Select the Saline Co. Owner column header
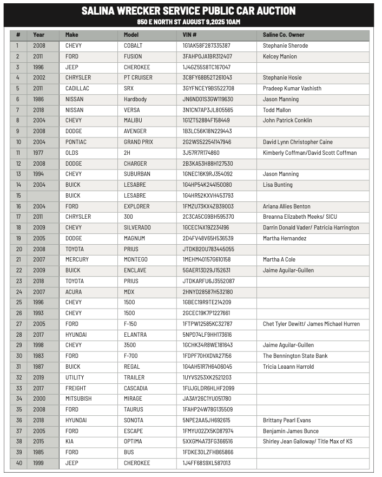284,35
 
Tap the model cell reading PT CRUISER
138,78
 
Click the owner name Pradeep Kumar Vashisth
292,88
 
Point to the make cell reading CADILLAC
77,88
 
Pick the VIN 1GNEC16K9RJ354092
208,174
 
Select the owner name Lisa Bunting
278,185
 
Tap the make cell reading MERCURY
77,260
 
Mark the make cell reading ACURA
74,292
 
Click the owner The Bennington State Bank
295,356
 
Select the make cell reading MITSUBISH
79,399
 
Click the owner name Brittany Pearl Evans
287,421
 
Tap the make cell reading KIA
70,442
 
